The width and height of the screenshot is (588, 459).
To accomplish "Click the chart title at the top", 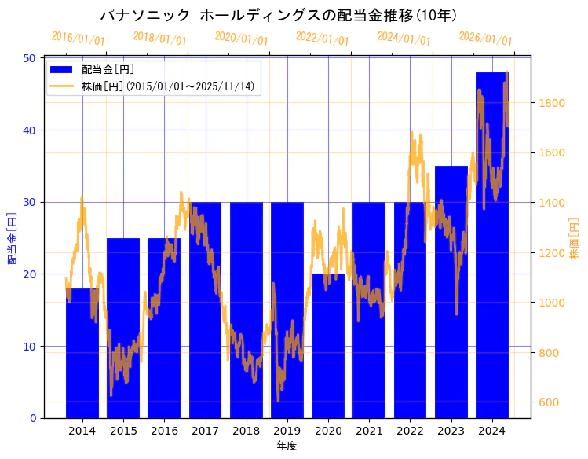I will click(279, 16).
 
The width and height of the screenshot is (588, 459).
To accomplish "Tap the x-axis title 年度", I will click(287, 446).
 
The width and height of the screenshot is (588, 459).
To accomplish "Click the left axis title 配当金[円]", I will click(13, 237).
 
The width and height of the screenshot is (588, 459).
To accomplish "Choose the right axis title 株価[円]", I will click(574, 241).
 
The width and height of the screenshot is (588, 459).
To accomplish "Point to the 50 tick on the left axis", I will click(29, 58).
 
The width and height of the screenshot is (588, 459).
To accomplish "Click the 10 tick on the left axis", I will click(29, 347).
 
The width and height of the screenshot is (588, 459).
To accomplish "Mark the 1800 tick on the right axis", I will click(552, 103).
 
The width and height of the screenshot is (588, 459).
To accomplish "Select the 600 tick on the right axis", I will click(550, 403).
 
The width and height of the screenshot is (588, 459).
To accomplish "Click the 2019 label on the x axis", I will click(287, 431).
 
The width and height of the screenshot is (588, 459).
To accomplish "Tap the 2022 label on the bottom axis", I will click(410, 431).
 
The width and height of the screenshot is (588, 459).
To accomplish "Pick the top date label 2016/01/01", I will click(78, 39).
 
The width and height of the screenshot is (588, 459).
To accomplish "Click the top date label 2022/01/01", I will click(323, 39).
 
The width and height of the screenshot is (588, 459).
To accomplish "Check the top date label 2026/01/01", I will click(485, 39).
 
